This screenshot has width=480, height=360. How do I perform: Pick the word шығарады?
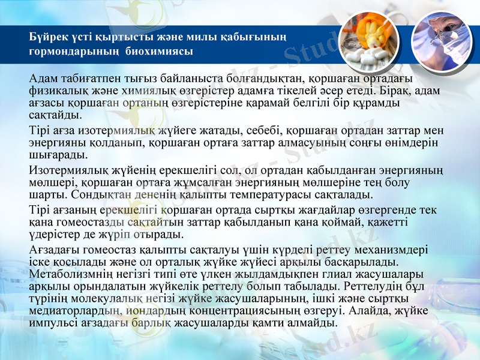[x=54, y=155]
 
